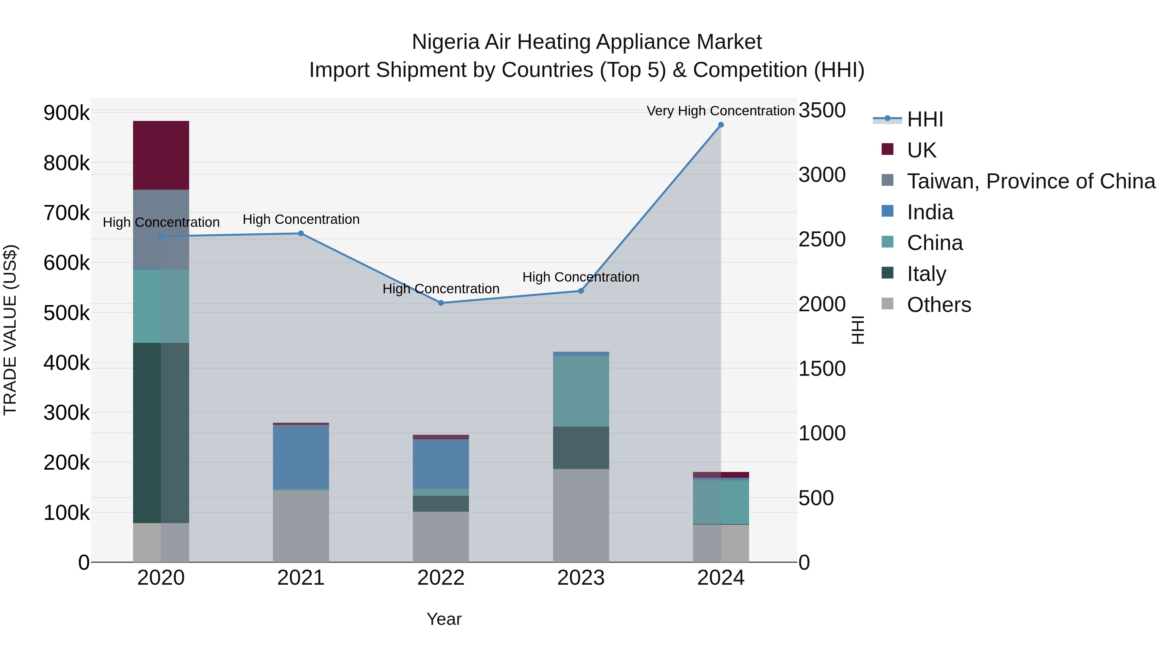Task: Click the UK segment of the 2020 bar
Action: tap(161, 155)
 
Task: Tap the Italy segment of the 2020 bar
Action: tap(161, 433)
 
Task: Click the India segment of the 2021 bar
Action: tap(301, 457)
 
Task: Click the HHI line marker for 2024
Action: tap(720, 125)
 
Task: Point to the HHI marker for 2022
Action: tap(441, 303)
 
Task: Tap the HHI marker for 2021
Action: tap(301, 234)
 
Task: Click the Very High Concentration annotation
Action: tap(720, 111)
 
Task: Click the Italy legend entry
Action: tap(926, 274)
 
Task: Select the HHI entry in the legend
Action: tap(925, 119)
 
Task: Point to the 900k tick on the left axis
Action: tap(67, 112)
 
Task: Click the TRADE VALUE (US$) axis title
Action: tap(10, 330)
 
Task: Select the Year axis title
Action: tap(444, 619)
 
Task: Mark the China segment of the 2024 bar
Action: tap(720, 502)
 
